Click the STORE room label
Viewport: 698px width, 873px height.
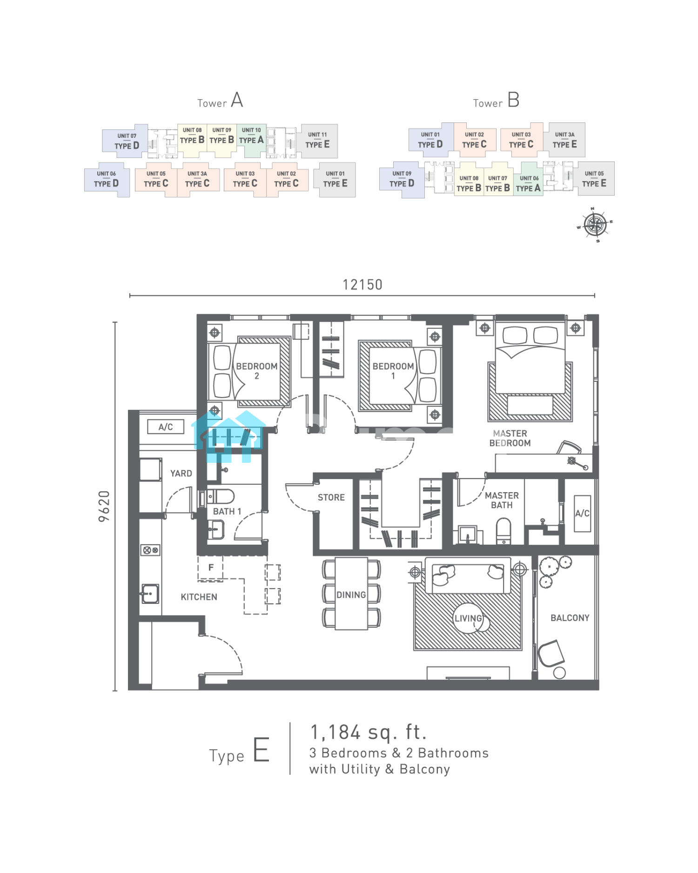pyautogui.click(x=331, y=497)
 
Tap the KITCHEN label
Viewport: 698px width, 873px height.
pyautogui.click(x=199, y=597)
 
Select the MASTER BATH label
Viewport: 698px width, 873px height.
pyautogui.click(x=502, y=500)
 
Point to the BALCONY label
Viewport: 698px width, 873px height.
pyautogui.click(x=570, y=618)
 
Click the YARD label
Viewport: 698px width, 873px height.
pyautogui.click(x=181, y=474)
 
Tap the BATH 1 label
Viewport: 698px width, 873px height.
pyautogui.click(x=227, y=511)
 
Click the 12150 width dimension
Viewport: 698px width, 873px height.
pyautogui.click(x=362, y=284)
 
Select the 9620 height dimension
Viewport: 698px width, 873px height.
pyautogui.click(x=104, y=506)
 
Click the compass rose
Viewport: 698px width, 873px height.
pyautogui.click(x=595, y=225)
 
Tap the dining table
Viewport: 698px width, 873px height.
pyautogui.click(x=351, y=594)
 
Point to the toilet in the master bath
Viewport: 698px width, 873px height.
pyautogui.click(x=503, y=531)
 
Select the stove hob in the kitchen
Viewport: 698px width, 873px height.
pyautogui.click(x=150, y=550)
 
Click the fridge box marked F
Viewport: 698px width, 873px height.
pyautogui.click(x=210, y=568)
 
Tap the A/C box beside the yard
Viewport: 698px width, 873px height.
pyautogui.click(x=166, y=427)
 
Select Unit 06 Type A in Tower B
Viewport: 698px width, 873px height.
pyautogui.click(x=528, y=184)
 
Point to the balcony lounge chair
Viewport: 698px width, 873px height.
pyautogui.click(x=551, y=654)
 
